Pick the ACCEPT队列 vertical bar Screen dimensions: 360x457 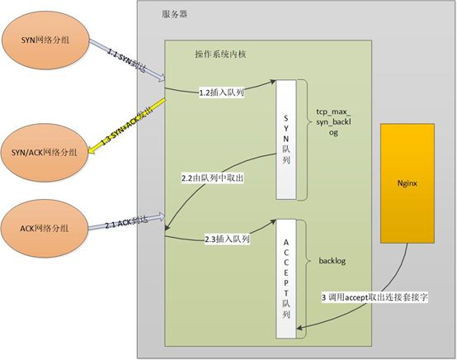(285, 277)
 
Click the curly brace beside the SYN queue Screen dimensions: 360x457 (303, 136)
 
